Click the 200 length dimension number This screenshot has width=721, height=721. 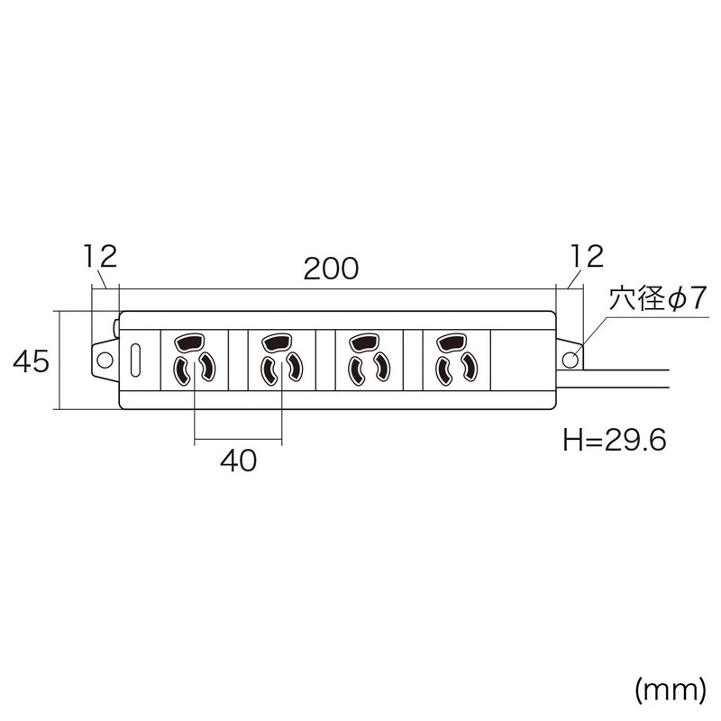[x=332, y=268]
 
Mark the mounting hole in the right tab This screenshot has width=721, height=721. [x=570, y=360]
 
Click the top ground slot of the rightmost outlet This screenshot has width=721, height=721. [x=451, y=343]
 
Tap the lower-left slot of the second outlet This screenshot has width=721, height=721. [x=269, y=370]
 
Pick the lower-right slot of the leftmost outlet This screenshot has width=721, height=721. [x=207, y=368]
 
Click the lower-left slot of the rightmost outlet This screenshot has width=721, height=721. [x=442, y=370]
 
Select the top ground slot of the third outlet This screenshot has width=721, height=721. [x=364, y=343]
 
